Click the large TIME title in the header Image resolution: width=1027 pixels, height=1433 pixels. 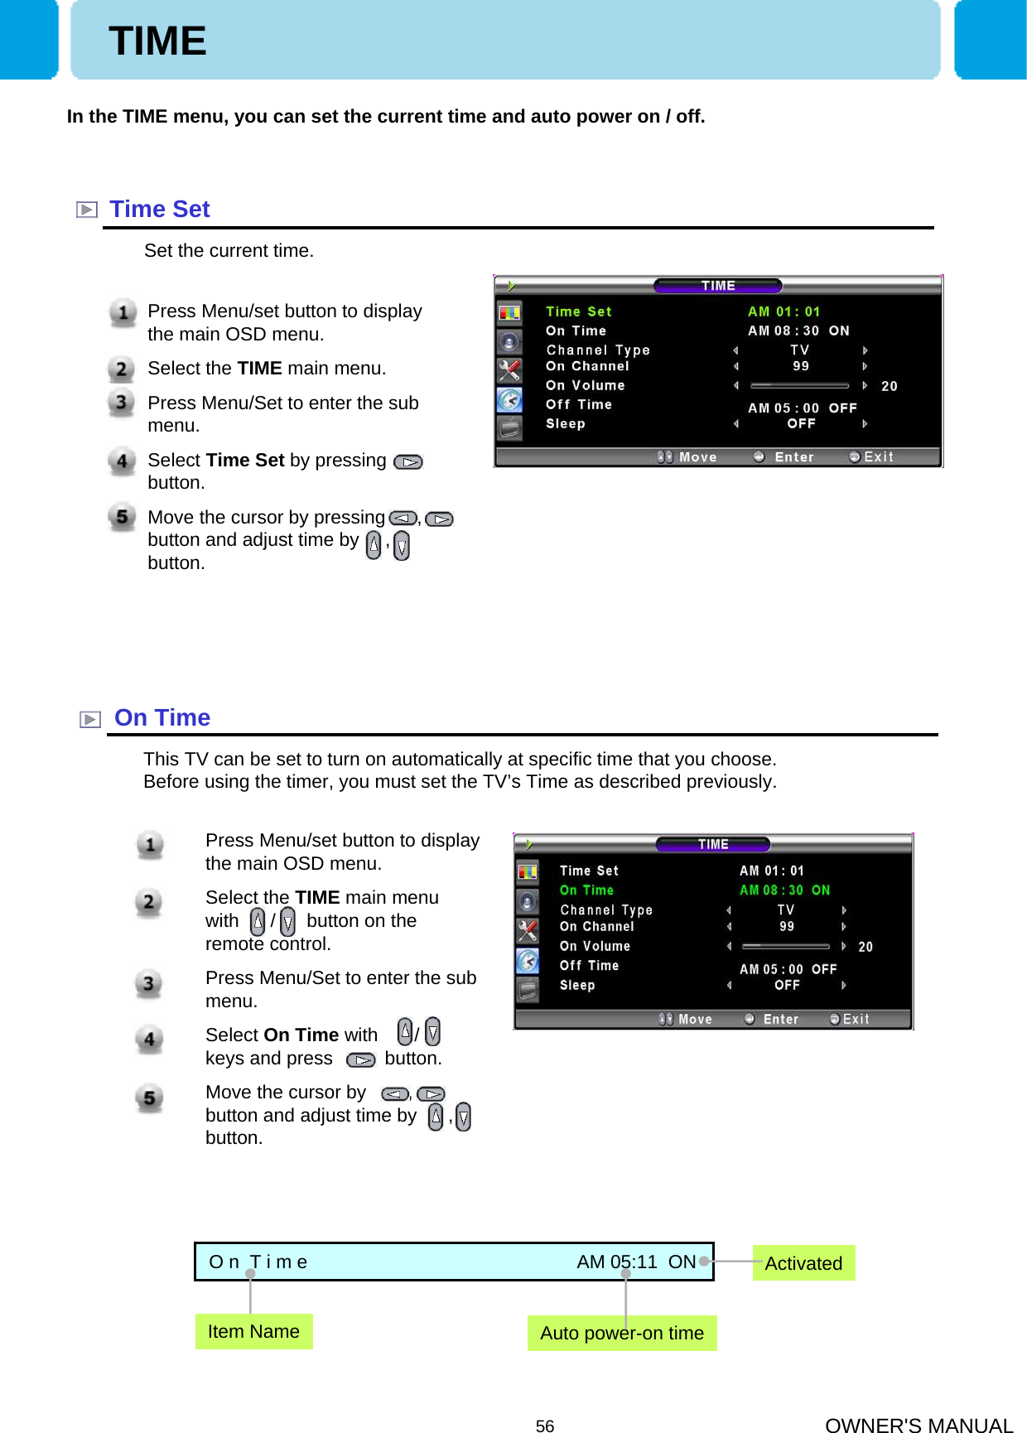[x=157, y=41]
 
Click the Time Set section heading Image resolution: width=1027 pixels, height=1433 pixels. [x=159, y=210]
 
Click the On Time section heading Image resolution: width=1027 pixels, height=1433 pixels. [x=162, y=717]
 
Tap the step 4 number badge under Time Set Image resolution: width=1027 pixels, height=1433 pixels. [x=122, y=461]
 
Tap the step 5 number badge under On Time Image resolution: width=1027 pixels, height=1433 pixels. [x=149, y=1098]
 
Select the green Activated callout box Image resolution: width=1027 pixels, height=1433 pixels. [x=803, y=1263]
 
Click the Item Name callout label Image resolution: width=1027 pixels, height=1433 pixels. [x=253, y=1331]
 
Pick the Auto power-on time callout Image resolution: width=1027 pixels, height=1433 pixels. [x=621, y=1333]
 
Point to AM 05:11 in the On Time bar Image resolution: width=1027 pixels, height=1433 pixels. [x=616, y=1262]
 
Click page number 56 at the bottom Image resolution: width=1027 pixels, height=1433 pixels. [x=544, y=1426]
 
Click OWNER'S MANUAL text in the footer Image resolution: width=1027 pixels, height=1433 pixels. [x=919, y=1425]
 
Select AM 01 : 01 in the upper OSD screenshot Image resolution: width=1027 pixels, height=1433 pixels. [x=784, y=311]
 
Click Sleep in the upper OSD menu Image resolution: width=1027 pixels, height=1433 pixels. [x=566, y=423]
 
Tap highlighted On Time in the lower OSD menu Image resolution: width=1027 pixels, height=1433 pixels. [x=586, y=890]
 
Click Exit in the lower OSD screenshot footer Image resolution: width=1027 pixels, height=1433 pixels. [x=855, y=1019]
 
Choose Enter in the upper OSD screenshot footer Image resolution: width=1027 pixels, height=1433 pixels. [x=793, y=457]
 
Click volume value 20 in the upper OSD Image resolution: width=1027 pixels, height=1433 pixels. [x=889, y=386]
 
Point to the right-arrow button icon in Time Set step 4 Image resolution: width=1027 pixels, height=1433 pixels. [x=408, y=462]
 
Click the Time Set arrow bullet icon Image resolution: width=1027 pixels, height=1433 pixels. [x=86, y=210]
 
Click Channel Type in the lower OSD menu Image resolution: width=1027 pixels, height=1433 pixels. [x=606, y=909]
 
